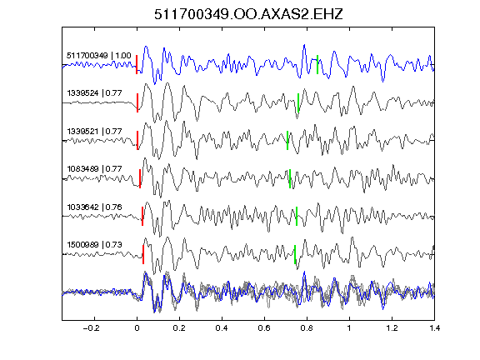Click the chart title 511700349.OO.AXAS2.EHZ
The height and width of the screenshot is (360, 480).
pyautogui.click(x=248, y=14)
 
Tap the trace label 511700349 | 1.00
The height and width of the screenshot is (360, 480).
pyautogui.click(x=99, y=56)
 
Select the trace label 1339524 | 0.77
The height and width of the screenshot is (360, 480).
pyautogui.click(x=95, y=93)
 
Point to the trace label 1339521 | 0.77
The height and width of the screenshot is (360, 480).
pyautogui.click(x=95, y=132)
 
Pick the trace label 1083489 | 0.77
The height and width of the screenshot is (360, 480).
pyautogui.click(x=95, y=169)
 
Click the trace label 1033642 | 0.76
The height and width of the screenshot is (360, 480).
pyautogui.click(x=95, y=207)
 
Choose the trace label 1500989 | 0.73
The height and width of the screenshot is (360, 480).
pyautogui.click(x=95, y=245)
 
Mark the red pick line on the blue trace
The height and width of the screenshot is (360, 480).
pyautogui.click(x=137, y=65)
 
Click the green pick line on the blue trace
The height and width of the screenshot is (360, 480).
pyautogui.click(x=317, y=65)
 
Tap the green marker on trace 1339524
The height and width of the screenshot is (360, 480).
pyautogui.click(x=298, y=102)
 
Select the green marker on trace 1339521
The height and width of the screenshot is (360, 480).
pyautogui.click(x=287, y=141)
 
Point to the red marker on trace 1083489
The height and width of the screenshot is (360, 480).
pyautogui.click(x=140, y=179)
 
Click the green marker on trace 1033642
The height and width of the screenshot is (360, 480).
pyautogui.click(x=297, y=217)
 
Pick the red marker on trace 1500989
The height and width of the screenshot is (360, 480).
pyautogui.click(x=143, y=254)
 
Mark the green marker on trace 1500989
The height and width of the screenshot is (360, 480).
pyautogui.click(x=295, y=254)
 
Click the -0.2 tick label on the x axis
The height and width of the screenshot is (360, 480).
pyautogui.click(x=91, y=328)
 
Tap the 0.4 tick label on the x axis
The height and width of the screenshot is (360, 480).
pyautogui.click(x=222, y=328)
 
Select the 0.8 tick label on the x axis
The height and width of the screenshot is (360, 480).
pyautogui.click(x=307, y=328)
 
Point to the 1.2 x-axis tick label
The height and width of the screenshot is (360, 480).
pyautogui.click(x=392, y=328)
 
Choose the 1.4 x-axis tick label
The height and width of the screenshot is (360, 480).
pyautogui.click(x=434, y=328)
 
